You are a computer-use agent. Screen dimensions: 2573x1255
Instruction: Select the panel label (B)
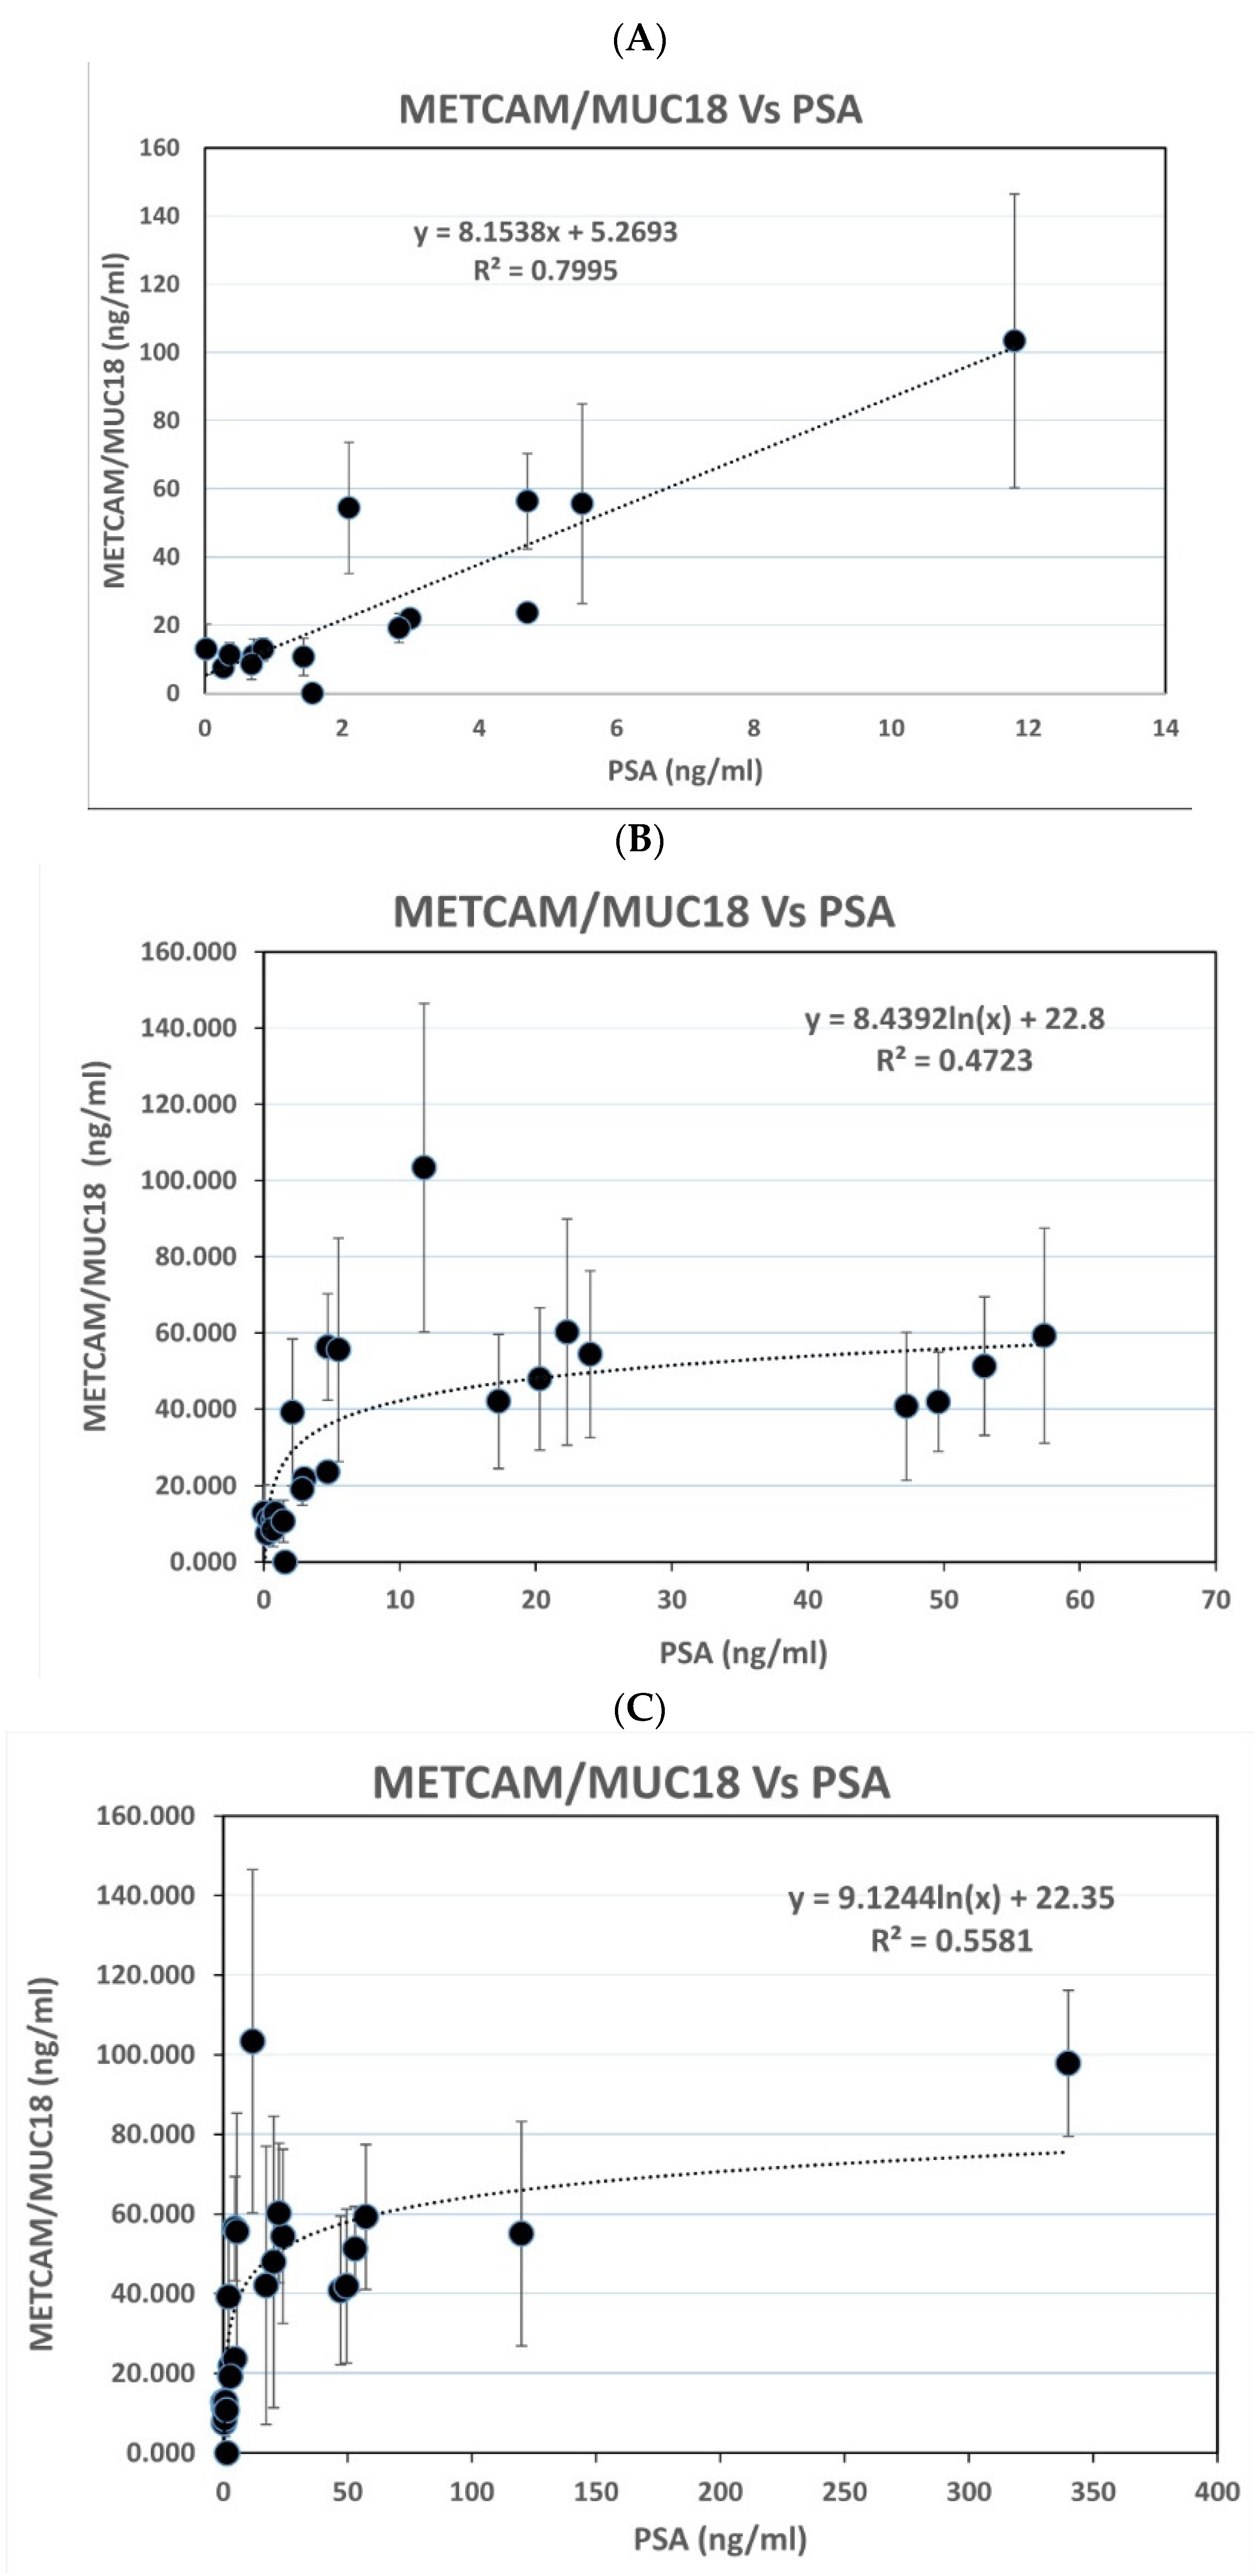(640, 840)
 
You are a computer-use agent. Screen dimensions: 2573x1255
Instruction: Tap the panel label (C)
(640, 1709)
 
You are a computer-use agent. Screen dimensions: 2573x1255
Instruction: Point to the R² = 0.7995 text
(545, 271)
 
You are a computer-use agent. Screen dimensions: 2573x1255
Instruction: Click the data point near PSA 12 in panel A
(1014, 341)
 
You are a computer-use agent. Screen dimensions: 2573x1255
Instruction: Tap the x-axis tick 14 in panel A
(1165, 728)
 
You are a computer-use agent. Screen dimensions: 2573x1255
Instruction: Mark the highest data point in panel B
(424, 1168)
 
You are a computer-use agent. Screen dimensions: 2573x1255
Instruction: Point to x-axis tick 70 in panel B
(1215, 1599)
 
